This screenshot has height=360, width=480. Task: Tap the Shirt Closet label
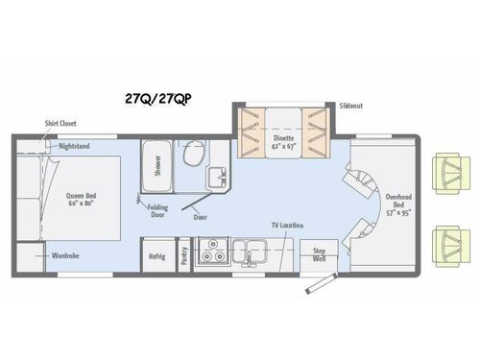click(x=61, y=124)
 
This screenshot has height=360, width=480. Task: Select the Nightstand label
click(x=75, y=147)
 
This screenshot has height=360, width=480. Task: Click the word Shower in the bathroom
click(x=154, y=169)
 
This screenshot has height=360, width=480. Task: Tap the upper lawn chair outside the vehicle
click(x=447, y=171)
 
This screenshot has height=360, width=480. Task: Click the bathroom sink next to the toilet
click(x=218, y=176)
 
